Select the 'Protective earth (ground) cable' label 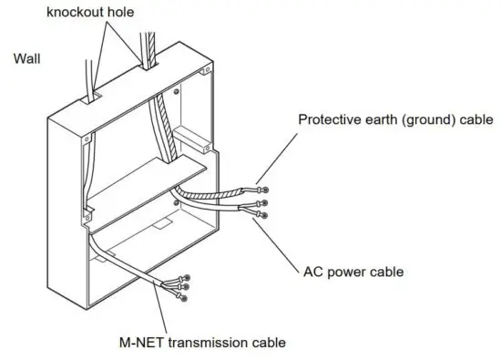[395, 119]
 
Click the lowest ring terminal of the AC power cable [264, 215]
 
